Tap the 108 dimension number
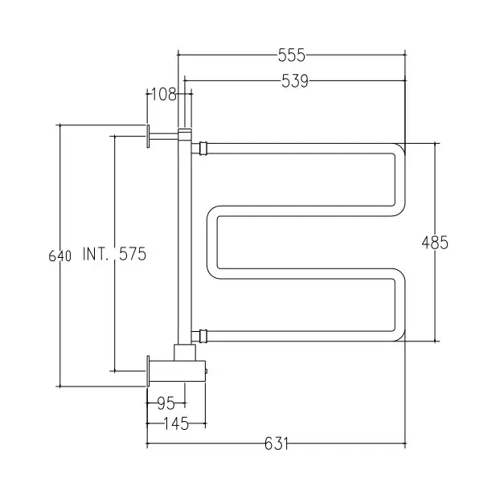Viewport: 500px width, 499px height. tap(163, 94)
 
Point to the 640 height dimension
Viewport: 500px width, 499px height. tap(59, 256)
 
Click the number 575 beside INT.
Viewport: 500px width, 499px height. tap(131, 255)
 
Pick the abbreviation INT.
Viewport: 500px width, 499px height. tap(96, 255)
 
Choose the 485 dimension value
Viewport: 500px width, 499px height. tap(435, 242)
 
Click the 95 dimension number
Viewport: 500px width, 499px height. tap(166, 403)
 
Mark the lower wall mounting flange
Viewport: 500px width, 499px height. tap(149, 371)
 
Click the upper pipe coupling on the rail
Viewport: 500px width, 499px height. tap(202, 148)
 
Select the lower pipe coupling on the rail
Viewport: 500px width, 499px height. tap(201, 333)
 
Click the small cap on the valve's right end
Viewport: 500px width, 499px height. tap(207, 371)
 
